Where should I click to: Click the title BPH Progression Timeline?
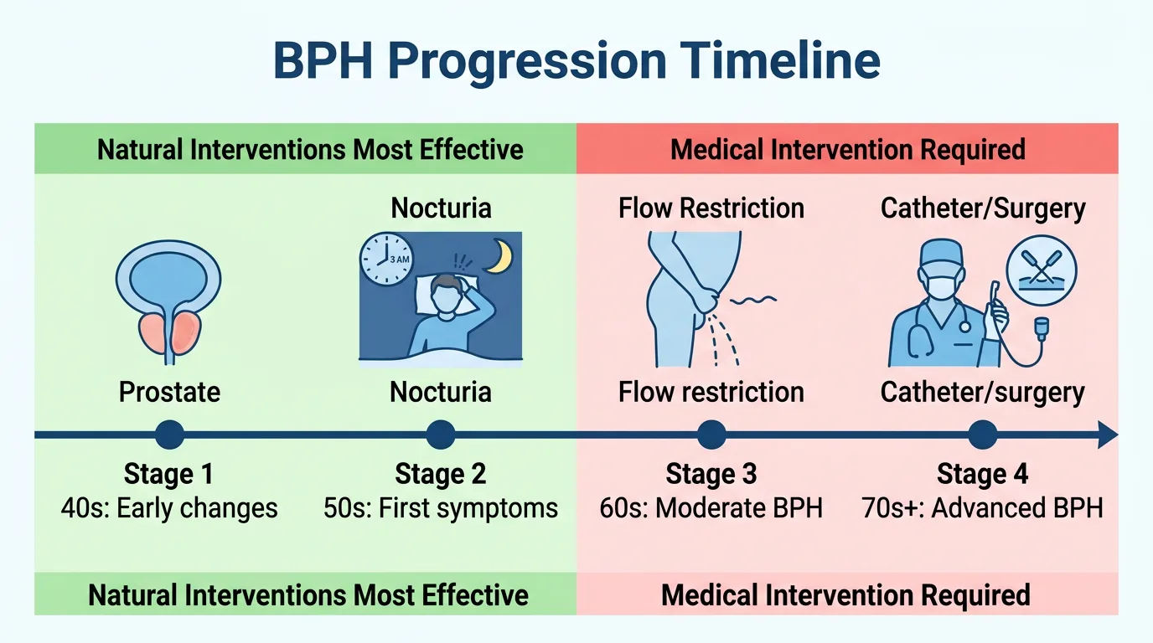[576, 61]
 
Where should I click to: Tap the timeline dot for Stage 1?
[169, 435]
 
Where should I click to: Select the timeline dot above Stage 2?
[440, 435]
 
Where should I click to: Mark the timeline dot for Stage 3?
[711, 435]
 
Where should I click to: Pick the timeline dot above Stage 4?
[982, 435]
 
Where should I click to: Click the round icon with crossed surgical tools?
[1041, 271]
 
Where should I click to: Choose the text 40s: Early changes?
[169, 507]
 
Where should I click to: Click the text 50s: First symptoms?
[440, 507]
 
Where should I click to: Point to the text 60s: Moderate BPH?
[711, 507]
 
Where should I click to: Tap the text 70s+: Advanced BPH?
[982, 507]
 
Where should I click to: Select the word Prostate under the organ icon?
[169, 392]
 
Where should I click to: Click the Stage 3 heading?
[711, 475]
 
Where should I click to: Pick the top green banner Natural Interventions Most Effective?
[310, 150]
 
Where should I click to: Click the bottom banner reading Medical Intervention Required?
[845, 595]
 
